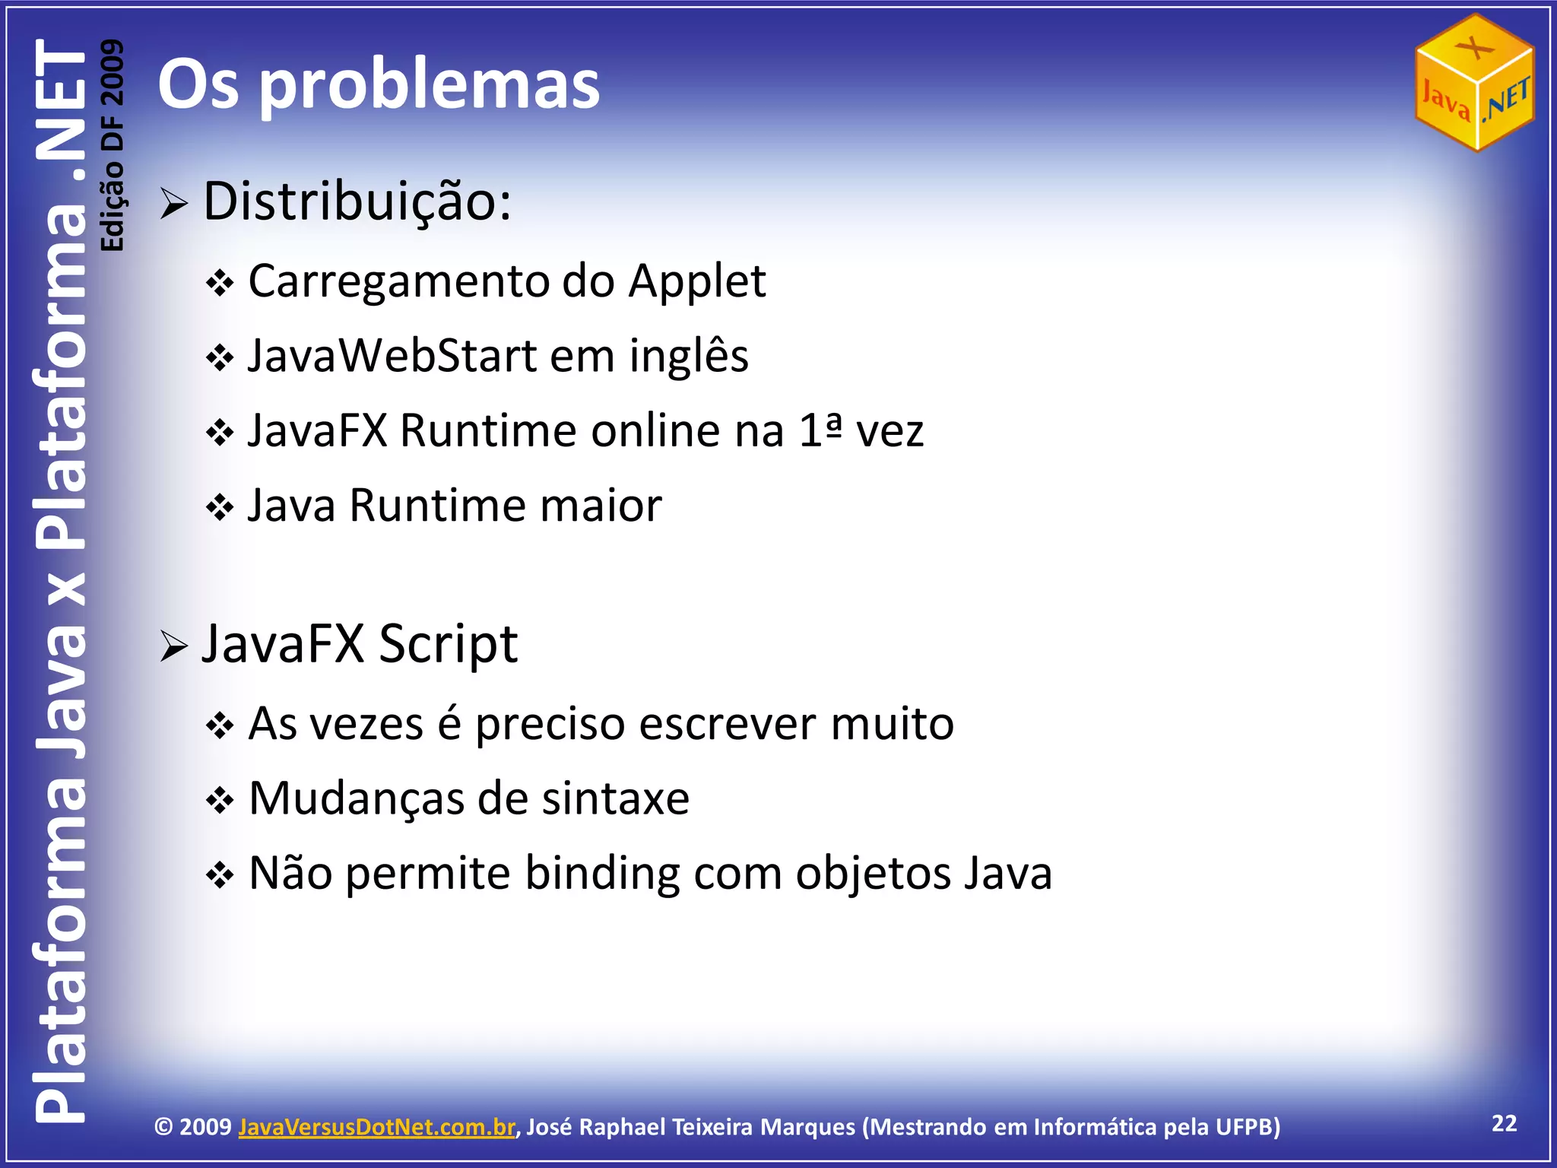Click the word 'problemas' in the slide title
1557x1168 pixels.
430,85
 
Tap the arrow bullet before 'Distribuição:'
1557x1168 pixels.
174,204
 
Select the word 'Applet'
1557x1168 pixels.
697,281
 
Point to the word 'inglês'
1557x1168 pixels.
689,356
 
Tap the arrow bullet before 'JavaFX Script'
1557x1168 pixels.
174,646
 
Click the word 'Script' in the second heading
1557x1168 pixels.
449,645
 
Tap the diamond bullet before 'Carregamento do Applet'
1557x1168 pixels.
220,284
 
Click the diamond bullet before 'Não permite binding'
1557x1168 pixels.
220,876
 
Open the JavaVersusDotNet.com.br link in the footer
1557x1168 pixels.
376,1127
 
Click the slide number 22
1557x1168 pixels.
1505,1123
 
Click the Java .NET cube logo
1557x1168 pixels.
1474,82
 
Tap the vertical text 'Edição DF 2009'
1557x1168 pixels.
113,144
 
